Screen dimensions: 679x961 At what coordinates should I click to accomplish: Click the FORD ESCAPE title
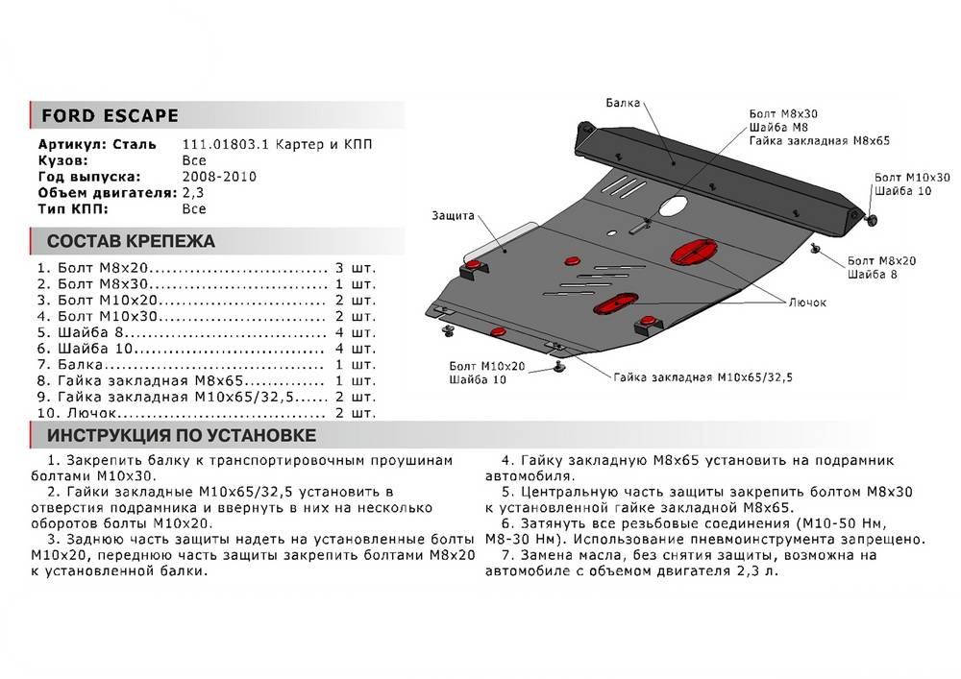(110, 116)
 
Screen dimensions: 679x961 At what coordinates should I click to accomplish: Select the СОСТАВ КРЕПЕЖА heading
(132, 241)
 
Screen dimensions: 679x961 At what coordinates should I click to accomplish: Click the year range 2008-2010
(218, 177)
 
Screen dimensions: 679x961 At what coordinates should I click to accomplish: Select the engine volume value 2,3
(192, 193)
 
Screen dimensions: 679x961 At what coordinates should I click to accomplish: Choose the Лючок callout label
(807, 303)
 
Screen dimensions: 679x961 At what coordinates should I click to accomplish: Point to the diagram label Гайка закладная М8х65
(819, 141)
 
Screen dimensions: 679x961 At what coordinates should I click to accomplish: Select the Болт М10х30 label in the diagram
(912, 178)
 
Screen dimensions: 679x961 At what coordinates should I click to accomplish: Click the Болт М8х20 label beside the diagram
(882, 260)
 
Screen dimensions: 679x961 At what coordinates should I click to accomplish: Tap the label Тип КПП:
(73, 208)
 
